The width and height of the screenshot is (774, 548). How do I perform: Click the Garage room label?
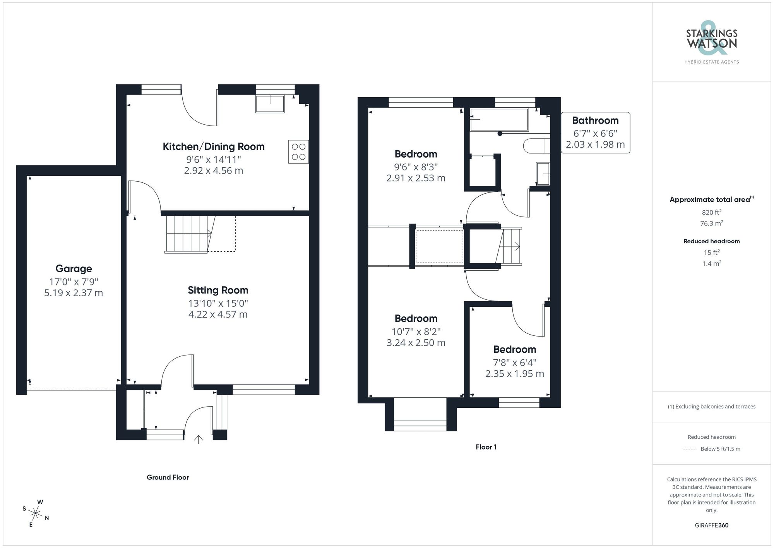(x=74, y=268)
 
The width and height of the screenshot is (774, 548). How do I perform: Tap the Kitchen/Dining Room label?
(x=213, y=146)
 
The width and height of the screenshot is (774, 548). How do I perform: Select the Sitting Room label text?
(x=218, y=290)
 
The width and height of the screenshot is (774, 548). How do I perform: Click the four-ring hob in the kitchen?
(x=298, y=151)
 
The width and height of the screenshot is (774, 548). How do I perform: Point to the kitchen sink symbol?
(x=270, y=103)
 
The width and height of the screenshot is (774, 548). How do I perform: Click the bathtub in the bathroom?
(x=499, y=120)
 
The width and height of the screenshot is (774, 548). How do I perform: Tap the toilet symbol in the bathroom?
(x=536, y=146)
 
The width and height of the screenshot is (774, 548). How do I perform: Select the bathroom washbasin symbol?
(x=543, y=174)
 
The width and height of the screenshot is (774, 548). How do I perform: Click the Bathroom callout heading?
(x=595, y=120)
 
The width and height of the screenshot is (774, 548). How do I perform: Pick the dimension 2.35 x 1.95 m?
(x=514, y=374)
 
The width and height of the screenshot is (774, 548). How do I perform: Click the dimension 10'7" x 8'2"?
(x=416, y=332)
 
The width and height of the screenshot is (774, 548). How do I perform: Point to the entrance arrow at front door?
(x=199, y=439)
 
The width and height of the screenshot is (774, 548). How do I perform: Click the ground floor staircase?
(x=188, y=234)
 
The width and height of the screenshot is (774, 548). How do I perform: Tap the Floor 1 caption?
(x=486, y=447)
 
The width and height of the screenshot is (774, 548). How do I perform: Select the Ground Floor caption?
(x=168, y=478)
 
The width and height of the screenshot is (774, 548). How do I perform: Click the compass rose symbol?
(x=36, y=514)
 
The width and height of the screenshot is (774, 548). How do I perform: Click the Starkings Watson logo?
(x=711, y=43)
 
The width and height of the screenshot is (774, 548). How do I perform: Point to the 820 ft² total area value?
(x=711, y=212)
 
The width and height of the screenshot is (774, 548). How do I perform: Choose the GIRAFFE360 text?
(x=711, y=526)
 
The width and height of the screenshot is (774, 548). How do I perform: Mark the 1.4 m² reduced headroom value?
(x=711, y=264)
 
